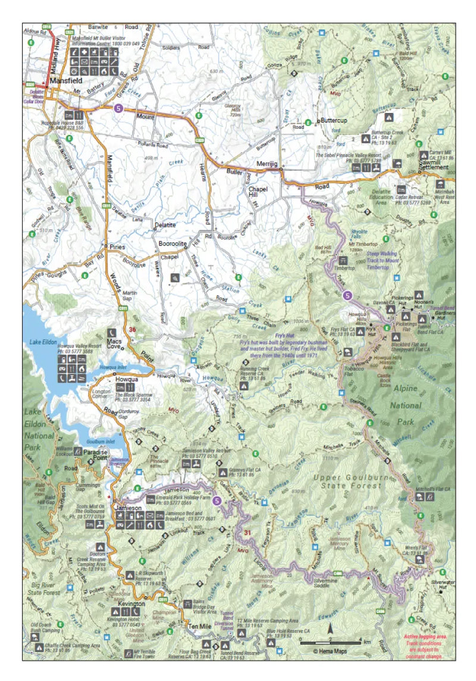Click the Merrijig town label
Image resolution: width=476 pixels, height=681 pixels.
[x=267, y=163]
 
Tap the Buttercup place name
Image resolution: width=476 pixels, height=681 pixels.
[x=334, y=119]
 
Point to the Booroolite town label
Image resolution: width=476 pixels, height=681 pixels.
[x=173, y=244]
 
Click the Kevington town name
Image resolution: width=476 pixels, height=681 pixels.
[x=131, y=604]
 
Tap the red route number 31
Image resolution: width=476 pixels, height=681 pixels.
[x=248, y=532]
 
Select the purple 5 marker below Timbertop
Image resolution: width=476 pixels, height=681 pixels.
[x=347, y=295]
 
